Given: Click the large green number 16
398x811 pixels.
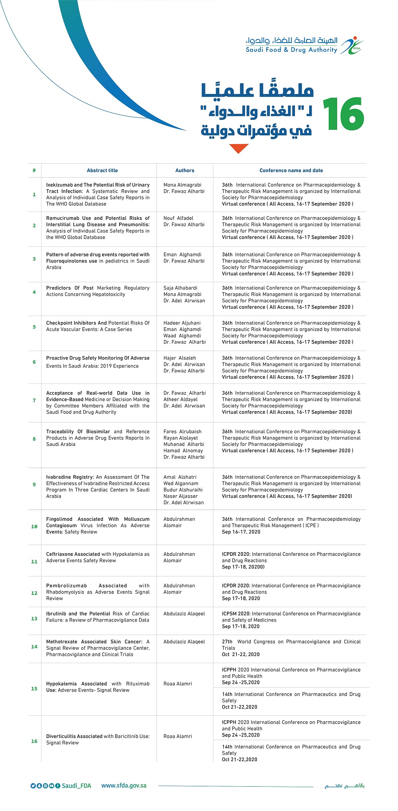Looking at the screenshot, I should click(343, 114).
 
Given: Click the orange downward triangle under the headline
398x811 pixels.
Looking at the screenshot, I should click(239, 149).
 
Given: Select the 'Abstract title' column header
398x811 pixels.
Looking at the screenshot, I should click(102, 170).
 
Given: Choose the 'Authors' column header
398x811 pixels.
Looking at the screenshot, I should click(185, 170).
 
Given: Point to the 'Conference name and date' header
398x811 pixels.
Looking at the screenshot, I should click(291, 170).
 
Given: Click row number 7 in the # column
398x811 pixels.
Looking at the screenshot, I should click(34, 400).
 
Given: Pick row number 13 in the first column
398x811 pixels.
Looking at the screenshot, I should click(34, 618).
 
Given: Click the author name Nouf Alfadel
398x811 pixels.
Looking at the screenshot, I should click(178, 218).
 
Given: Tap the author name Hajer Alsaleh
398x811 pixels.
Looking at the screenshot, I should click(179, 358).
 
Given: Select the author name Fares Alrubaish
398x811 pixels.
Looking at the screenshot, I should click(182, 432).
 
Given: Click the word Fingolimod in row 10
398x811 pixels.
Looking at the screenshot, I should click(59, 519).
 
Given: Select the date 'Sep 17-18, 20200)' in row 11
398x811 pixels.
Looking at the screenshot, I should click(243, 567).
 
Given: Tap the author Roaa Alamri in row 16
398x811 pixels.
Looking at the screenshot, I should click(178, 736).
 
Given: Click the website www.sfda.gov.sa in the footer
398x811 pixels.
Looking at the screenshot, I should click(124, 786).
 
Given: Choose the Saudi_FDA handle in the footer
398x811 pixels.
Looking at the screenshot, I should click(76, 786).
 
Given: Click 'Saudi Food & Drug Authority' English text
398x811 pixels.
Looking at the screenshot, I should click(291, 50).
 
